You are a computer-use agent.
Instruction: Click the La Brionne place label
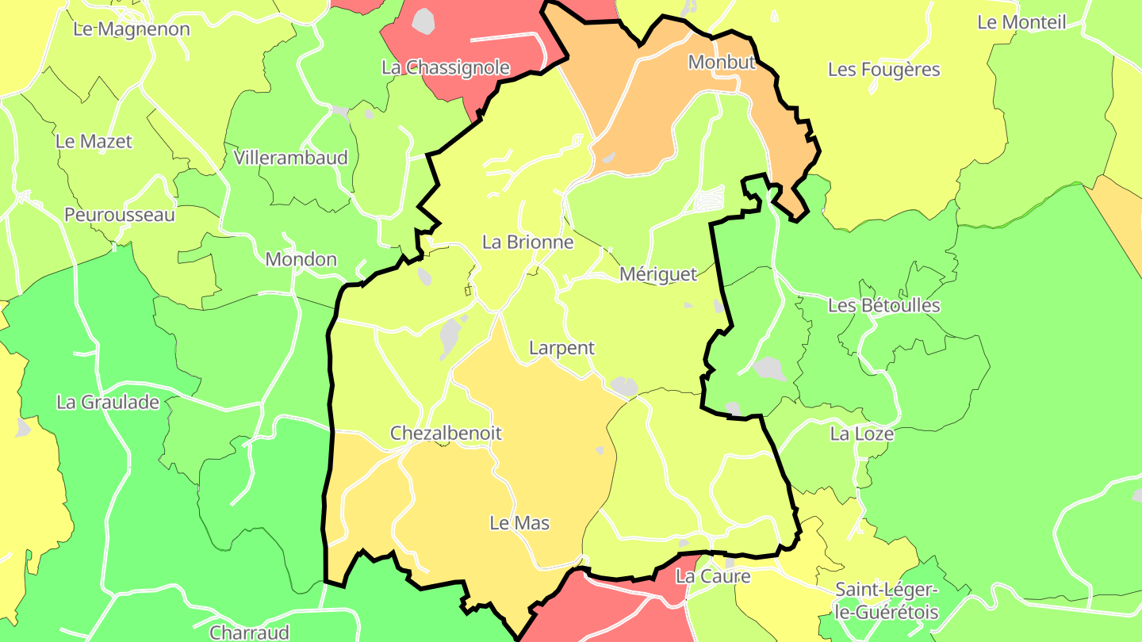coord(527,243)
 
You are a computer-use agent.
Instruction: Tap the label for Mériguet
coord(657,274)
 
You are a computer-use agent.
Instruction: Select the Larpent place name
coord(561,348)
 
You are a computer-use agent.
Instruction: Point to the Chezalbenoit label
coord(446,434)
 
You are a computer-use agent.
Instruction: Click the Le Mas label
coord(519,523)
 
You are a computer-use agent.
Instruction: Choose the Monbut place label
coord(722,62)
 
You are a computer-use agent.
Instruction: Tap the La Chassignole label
coord(445,67)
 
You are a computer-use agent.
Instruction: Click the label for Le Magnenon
coord(132,29)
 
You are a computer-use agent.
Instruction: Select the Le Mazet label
coord(94,142)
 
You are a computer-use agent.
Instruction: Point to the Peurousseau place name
coord(120,215)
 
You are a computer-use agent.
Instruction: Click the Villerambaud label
coord(291,158)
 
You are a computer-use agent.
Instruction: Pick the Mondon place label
coord(301,259)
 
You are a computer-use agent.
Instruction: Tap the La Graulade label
coord(108,402)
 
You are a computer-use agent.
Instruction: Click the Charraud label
coord(249,632)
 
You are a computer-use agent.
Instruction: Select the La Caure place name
coord(712,576)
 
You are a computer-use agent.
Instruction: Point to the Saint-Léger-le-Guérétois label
coord(887,601)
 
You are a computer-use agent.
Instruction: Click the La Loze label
coord(861,434)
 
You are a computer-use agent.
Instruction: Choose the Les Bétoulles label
coord(883,305)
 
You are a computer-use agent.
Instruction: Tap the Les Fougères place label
coord(883,70)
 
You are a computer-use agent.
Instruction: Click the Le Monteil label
coord(1021,22)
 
